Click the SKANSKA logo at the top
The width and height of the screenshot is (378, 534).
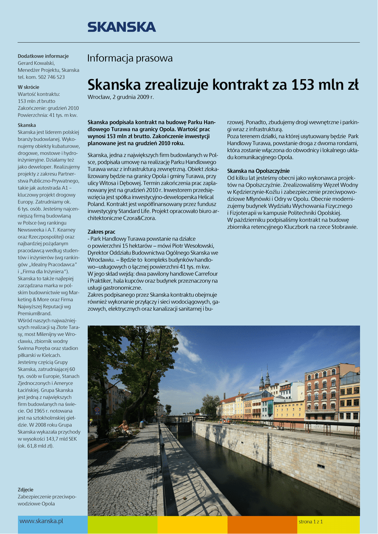(x=121, y=27)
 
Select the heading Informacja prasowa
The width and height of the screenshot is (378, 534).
(x=129, y=58)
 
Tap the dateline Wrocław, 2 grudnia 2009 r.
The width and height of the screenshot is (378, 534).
(x=121, y=98)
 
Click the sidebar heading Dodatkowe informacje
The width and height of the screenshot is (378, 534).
(x=43, y=56)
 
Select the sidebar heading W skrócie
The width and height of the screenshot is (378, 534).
(x=28, y=87)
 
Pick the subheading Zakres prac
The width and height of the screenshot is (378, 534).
(x=101, y=232)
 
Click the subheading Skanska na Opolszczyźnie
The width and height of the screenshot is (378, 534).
(x=258, y=171)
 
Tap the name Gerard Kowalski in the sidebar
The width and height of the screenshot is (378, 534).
(x=36, y=63)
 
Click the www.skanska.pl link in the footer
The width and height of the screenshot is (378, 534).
(x=41, y=521)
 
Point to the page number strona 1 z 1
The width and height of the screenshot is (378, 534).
(x=311, y=521)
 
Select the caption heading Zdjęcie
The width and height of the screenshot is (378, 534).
(x=26, y=490)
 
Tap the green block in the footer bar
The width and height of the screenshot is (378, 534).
(x=122, y=525)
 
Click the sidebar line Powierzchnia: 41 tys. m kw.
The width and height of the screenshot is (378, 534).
(x=48, y=115)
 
